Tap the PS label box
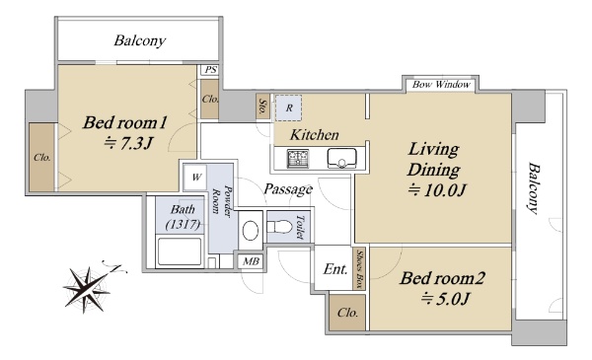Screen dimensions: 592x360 [210, 70]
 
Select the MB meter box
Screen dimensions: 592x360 [251, 261]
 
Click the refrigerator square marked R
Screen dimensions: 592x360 [288, 108]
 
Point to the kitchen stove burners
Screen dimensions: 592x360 [298, 159]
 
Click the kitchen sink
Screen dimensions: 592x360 [341, 159]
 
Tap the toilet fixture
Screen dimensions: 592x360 [280, 227]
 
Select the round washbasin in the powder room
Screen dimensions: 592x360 [251, 230]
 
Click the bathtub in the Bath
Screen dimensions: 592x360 [180, 252]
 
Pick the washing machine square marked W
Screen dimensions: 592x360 [195, 177]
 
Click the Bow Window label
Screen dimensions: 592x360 [441, 85]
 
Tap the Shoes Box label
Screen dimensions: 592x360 [360, 268]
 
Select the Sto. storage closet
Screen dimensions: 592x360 [262, 107]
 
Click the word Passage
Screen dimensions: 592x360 [288, 188]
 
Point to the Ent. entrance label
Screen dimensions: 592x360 [335, 269]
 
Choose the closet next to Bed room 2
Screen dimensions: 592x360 [347, 313]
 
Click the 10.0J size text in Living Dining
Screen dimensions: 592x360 [437, 189]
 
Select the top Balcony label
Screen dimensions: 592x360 [140, 40]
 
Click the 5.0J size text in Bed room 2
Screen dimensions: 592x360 [445, 299]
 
